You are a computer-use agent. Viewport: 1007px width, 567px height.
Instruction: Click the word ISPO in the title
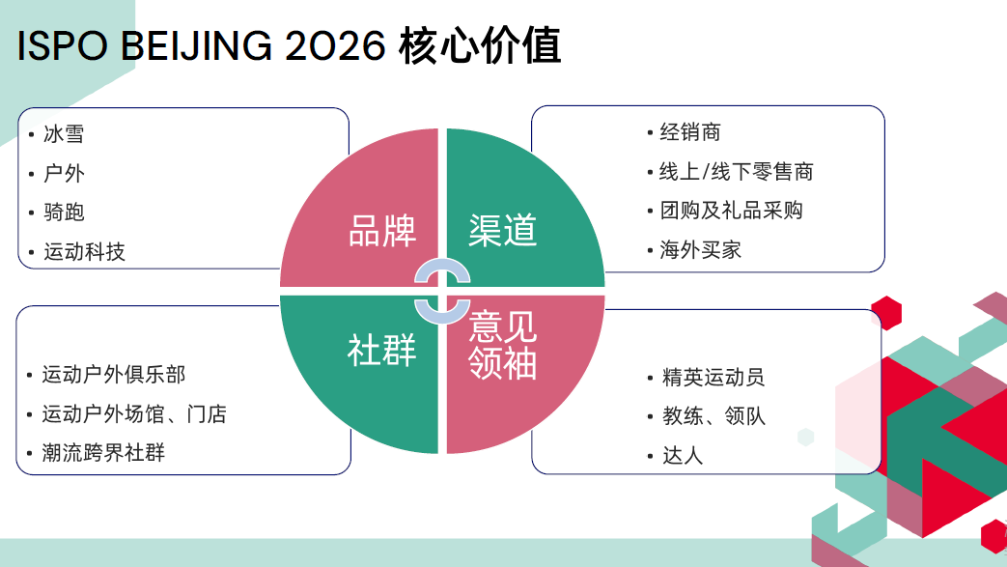(63, 45)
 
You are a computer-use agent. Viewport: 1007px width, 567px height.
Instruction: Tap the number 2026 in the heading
(335, 45)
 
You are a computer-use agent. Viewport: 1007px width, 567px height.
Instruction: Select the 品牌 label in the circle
(382, 231)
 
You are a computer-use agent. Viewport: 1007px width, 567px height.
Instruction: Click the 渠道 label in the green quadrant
(502, 230)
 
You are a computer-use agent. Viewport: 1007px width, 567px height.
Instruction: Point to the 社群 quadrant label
(382, 351)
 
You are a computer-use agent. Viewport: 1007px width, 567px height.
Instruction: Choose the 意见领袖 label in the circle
(502, 345)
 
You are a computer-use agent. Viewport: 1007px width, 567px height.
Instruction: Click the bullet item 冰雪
(64, 133)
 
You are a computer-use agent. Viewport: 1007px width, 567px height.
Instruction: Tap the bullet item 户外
(64, 173)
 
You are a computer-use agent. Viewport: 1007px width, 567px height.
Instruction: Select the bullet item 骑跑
(64, 213)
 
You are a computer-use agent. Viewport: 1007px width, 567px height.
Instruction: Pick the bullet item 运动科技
(84, 251)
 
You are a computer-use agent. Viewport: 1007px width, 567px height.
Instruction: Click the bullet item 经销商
(690, 131)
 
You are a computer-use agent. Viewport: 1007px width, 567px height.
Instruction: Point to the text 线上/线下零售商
(737, 172)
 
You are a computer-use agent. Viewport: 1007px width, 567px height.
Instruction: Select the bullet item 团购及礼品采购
(732, 211)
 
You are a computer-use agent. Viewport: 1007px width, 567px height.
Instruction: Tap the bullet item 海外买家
(701, 249)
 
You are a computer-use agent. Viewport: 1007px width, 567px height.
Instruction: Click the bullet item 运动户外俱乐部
(114, 374)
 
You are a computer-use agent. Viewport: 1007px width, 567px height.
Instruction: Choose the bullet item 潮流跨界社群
(103, 453)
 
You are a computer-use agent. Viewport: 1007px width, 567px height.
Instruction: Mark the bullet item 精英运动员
(713, 377)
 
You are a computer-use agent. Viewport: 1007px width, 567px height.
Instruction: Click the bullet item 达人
(683, 455)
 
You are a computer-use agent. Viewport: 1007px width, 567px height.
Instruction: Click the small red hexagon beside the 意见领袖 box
(886, 313)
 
